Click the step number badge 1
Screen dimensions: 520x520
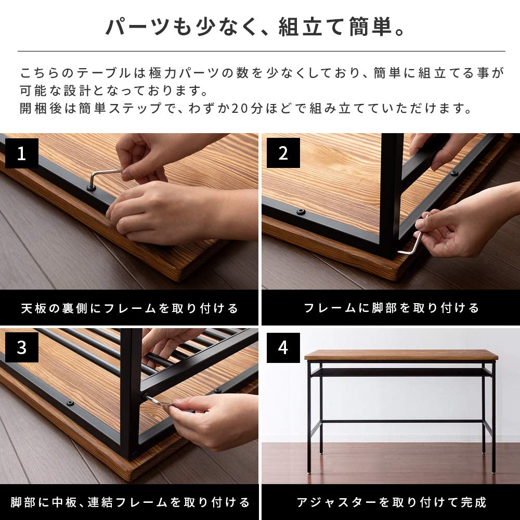(x=21, y=154)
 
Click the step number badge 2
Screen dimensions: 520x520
(x=283, y=154)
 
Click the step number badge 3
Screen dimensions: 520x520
(x=21, y=347)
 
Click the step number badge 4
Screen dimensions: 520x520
(x=283, y=347)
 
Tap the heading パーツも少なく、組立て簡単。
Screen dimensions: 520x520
(x=255, y=28)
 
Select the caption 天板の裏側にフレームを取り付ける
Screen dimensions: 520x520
(x=129, y=308)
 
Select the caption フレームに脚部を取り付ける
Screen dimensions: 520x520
(x=391, y=308)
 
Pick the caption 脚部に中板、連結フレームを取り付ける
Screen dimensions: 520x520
(x=129, y=502)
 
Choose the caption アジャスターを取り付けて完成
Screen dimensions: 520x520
(x=391, y=502)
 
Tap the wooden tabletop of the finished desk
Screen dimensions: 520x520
(x=401, y=355)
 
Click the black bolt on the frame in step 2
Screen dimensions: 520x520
(x=301, y=212)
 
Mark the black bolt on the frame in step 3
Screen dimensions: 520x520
(x=70, y=403)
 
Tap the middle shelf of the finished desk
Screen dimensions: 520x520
(x=401, y=372)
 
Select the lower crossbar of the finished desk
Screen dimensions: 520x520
(x=401, y=421)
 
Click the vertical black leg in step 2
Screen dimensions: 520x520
(x=391, y=198)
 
